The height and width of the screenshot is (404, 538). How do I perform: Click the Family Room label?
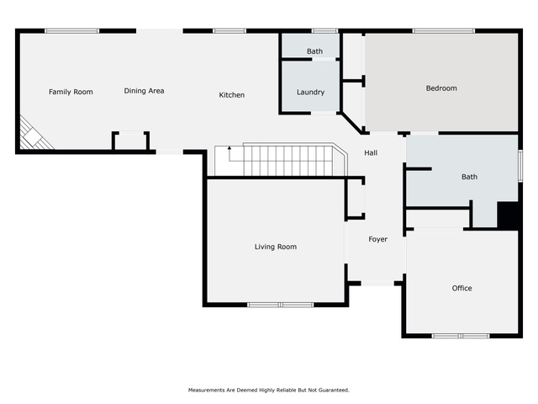[71, 92]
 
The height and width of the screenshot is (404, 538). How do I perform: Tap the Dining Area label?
[144, 91]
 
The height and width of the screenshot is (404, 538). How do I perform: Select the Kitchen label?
[232, 95]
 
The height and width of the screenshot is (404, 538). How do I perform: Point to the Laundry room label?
[310, 92]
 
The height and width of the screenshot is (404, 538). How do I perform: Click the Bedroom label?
[441, 88]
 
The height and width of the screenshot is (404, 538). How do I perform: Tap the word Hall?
[371, 153]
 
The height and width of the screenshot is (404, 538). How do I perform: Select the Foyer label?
[377, 239]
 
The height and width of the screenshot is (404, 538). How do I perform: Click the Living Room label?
[276, 247]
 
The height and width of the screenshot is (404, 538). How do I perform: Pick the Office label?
[462, 288]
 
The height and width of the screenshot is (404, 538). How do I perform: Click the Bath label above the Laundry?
[314, 51]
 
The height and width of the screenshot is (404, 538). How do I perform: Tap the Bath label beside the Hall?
[469, 177]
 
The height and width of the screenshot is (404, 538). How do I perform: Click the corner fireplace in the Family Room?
[34, 135]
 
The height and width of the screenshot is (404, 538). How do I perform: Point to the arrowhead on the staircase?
[229, 148]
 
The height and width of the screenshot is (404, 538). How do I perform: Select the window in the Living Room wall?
[280, 305]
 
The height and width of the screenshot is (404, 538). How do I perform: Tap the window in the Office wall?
[461, 336]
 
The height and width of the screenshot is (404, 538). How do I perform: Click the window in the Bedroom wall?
[444, 31]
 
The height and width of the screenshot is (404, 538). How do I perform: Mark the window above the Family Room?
[71, 31]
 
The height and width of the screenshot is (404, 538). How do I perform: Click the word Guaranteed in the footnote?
[334, 390]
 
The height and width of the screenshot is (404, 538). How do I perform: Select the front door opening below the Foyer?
[377, 284]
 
